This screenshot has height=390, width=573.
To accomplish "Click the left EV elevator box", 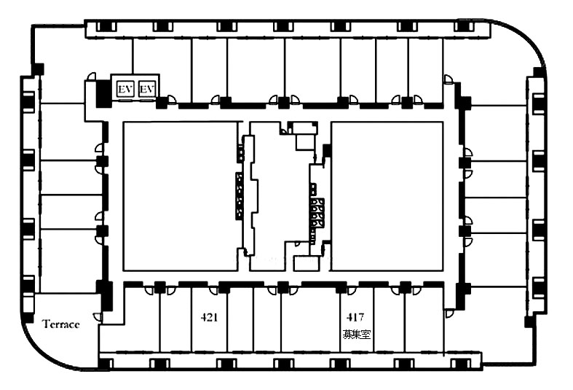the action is coord(125,89).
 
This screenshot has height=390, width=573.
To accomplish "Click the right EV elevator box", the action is coord(147,89).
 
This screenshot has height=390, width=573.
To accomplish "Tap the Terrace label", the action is coord(60,324).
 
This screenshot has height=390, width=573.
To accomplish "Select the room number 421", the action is coord(209,317).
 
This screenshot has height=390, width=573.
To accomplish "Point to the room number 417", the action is coord(355,316).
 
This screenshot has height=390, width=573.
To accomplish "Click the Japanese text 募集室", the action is coord(356,334).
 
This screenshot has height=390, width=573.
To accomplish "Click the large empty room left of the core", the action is coord(180,196).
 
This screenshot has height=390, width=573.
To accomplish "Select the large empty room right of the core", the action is coord(387,196).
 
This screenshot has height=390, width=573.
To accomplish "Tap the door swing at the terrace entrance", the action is coord(98,316).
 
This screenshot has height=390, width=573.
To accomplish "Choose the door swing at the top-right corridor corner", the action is coord(448,79).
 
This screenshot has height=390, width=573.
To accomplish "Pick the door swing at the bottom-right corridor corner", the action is coord(448,314).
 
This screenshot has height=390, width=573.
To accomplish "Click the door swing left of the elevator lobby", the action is coord(91,77).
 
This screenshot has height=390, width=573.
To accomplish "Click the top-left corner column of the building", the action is coord(38,69).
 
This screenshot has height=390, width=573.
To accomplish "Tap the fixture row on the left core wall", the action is coord(239,196).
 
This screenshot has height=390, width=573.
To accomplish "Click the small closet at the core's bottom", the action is coord(306,265).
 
